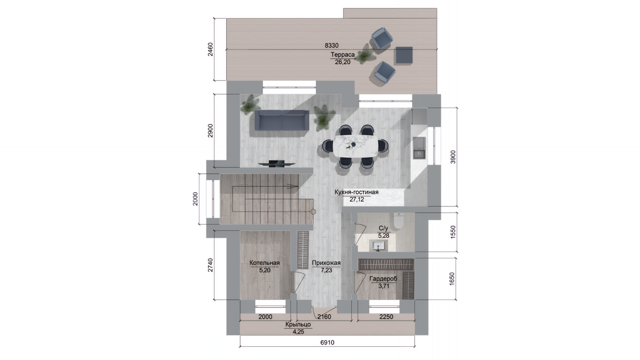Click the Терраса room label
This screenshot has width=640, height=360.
[342, 55]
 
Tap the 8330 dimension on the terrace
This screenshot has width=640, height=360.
[332, 46]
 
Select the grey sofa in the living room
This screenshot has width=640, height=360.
[282, 120]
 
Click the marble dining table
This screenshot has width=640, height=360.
[356, 146]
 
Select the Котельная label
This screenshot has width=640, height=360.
[265, 263]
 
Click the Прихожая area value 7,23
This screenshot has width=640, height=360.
[326, 270]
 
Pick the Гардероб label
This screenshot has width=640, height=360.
[383, 279]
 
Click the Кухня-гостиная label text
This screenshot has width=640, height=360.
[357, 192]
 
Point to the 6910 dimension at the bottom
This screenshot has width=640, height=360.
[327, 342]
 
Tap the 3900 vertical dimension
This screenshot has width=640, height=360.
[453, 157]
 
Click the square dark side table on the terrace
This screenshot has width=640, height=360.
[404, 55]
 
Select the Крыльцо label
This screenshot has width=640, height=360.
[298, 324]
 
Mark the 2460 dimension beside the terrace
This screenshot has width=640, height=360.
[210, 49]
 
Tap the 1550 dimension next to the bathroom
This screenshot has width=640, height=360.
[453, 232]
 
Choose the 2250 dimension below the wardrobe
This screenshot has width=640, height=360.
[386, 317]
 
